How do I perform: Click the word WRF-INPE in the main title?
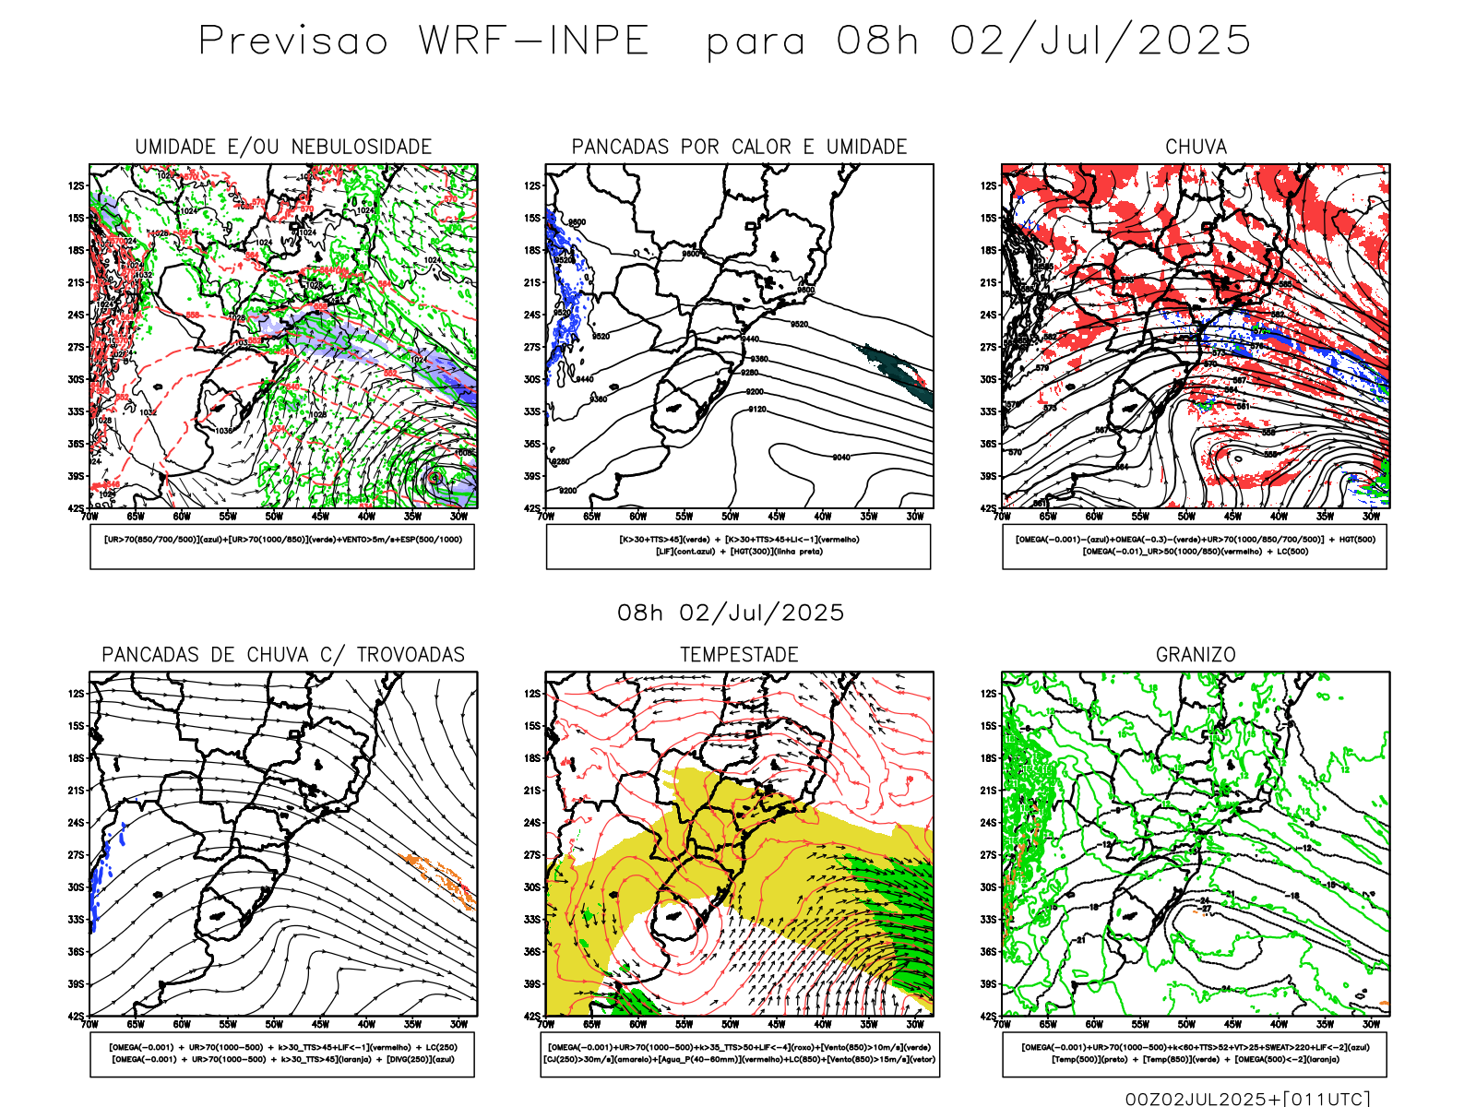534,41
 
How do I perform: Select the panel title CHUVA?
1196,147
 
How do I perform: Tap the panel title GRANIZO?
1196,654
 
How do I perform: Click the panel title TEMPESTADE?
739,654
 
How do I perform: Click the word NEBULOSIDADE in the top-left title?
362,147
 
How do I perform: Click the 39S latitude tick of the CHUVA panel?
989,476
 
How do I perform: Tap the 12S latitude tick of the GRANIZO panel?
989,694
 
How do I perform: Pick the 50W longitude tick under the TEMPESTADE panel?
731,1024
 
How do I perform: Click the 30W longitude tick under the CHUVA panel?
1371,517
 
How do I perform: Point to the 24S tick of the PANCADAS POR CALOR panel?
532,315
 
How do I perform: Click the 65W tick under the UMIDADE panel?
136,517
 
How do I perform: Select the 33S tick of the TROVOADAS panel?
76,920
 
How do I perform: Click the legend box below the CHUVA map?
1195,546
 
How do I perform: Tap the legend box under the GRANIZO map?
1195,1053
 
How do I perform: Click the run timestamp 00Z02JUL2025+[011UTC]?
1247,1099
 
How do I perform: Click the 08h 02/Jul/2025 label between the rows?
731,613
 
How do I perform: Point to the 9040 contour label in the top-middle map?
841,458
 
